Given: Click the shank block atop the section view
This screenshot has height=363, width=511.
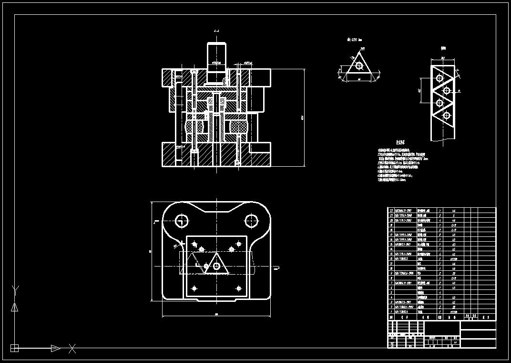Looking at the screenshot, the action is tap(216, 53).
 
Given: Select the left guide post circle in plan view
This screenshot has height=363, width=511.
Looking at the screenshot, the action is tap(181, 221).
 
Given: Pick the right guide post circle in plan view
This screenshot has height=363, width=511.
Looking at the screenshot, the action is tap(251, 221).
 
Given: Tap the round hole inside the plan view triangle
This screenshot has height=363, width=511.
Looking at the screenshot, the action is tap(216, 267).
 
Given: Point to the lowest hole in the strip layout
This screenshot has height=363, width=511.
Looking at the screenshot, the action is tap(447, 115).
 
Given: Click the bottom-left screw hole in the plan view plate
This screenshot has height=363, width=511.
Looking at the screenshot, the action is tap(194, 288).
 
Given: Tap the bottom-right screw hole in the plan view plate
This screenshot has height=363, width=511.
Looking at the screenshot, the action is tap(238, 288).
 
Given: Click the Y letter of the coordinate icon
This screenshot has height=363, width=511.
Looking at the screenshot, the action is tap(15, 289).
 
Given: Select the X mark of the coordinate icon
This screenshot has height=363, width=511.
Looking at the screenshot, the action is tap(72, 348).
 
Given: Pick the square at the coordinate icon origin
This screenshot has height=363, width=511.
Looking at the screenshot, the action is tap(14, 348).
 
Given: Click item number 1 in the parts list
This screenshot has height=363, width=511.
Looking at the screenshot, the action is tap(391, 312).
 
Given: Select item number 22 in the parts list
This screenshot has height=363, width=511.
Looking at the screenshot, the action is tap(391, 210).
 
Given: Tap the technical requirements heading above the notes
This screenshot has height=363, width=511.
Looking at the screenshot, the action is tap(400, 142).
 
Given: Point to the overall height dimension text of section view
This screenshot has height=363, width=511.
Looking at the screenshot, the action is tap(302, 117).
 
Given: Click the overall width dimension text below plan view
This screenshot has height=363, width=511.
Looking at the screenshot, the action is tap(216, 314).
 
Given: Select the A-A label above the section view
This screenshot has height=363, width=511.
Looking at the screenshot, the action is tap(216, 31).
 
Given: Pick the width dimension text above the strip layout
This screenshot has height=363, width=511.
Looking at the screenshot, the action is tap(442, 58).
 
